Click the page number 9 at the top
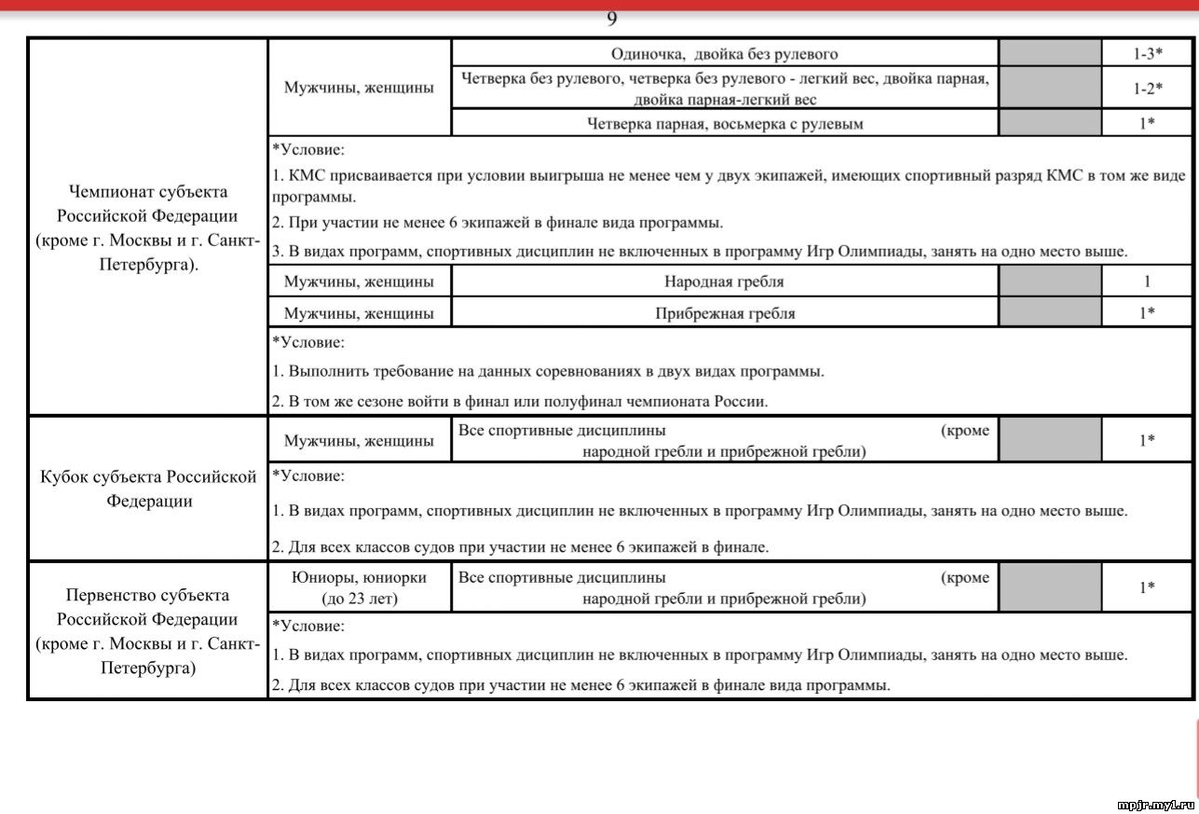[612, 19]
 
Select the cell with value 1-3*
[1147, 54]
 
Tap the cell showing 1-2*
[1147, 88]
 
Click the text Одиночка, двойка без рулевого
[724, 54]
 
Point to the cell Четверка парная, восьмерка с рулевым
[724, 123]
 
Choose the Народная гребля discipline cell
[724, 282]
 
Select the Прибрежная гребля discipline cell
[724, 313]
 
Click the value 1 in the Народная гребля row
[1147, 282]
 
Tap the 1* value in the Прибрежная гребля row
[1147, 313]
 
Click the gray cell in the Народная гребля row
[1050, 282]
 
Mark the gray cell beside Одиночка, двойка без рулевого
[1050, 54]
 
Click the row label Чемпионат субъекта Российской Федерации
[147, 228]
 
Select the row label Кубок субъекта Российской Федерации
[147, 489]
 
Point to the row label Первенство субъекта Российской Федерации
[147, 631]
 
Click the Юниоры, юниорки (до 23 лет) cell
[360, 587]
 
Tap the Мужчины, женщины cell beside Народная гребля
[360, 282]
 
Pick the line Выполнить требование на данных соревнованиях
[548, 371]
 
